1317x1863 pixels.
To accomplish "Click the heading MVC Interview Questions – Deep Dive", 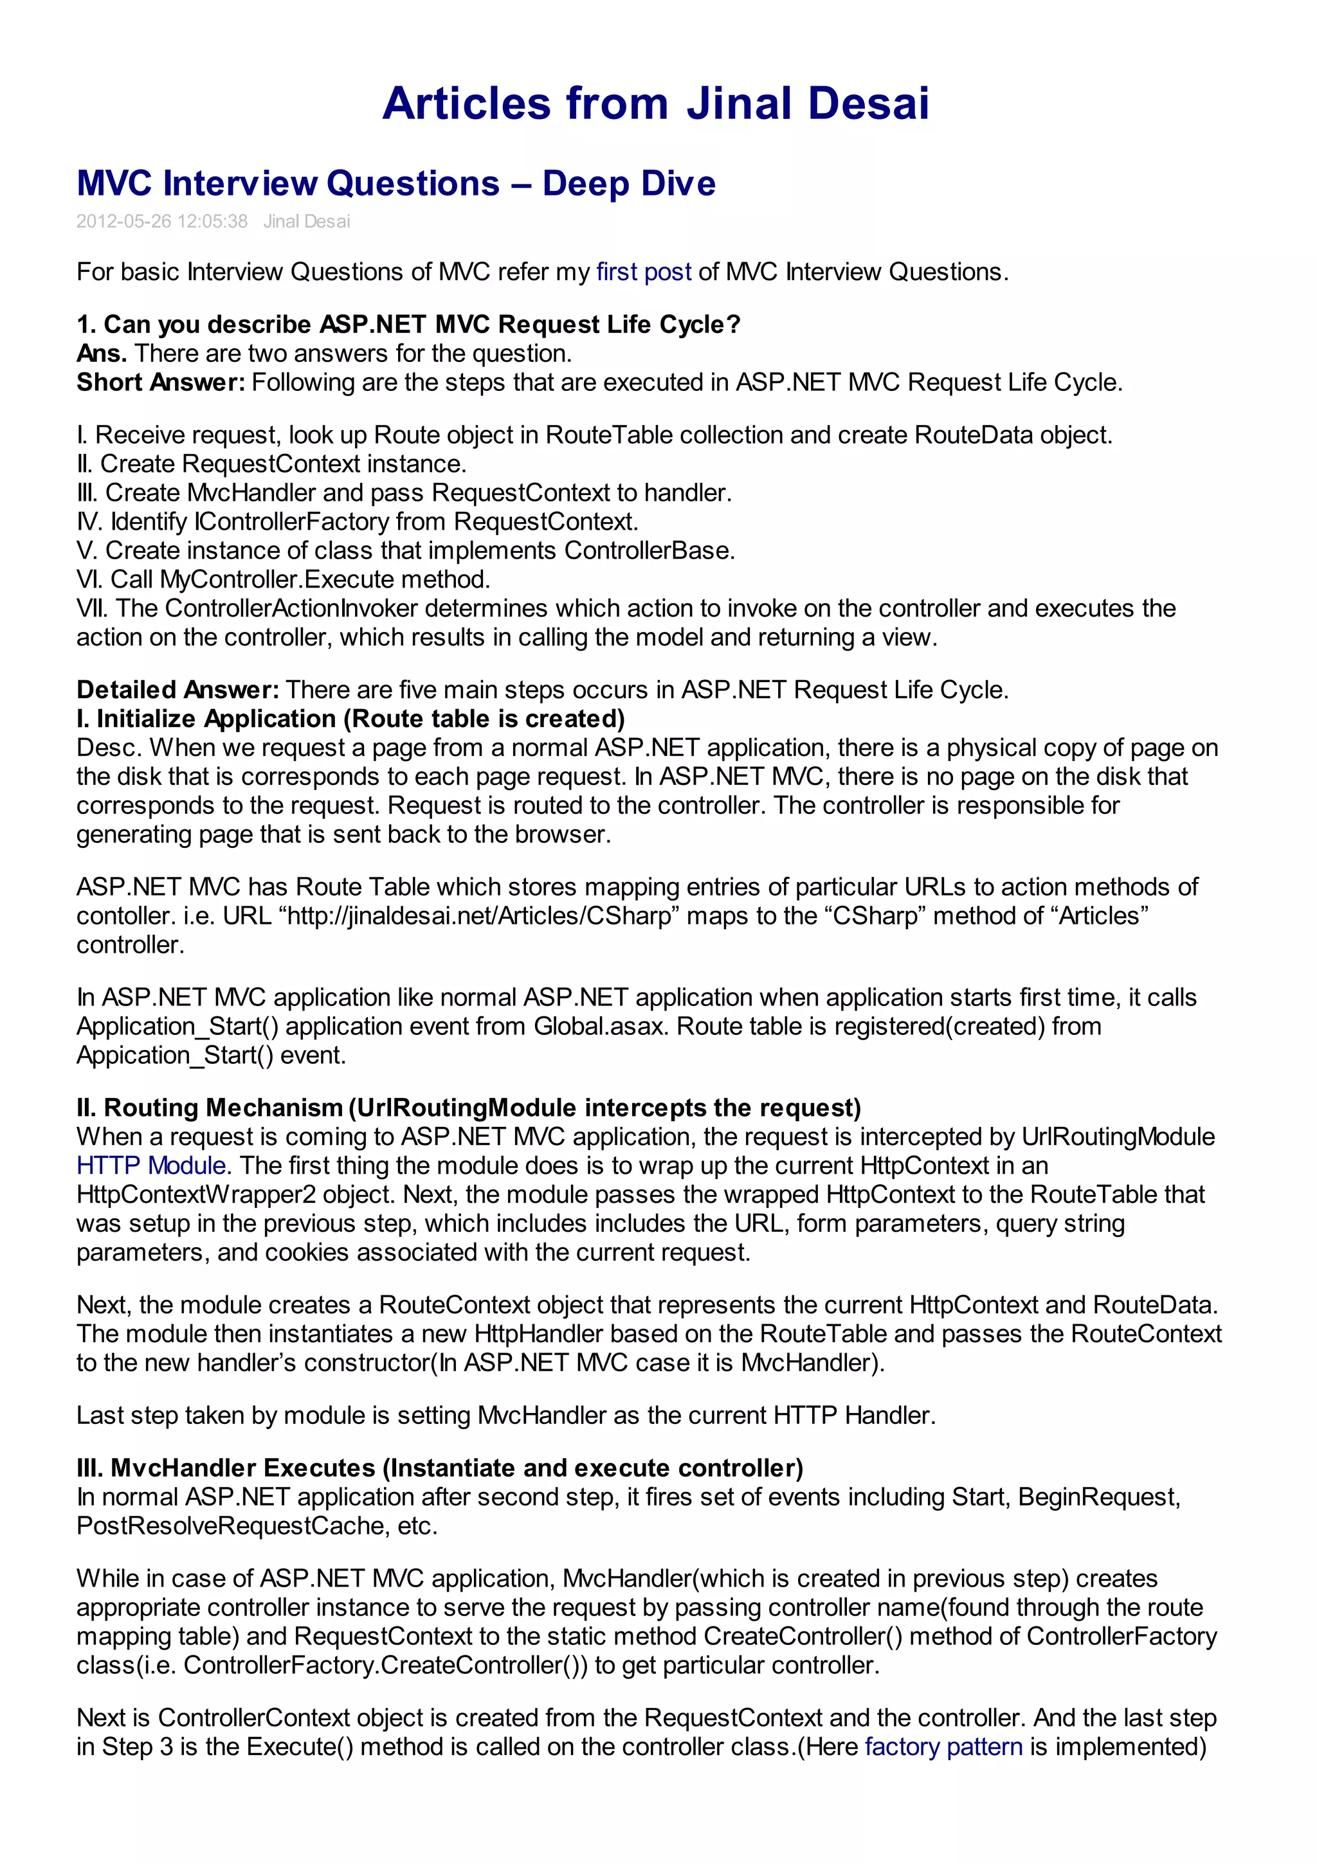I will pos(396,183).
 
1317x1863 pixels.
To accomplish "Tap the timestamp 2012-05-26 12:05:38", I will pos(161,222).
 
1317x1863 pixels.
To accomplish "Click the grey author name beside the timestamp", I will pos(306,222).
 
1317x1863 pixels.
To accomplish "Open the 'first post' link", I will pos(644,272).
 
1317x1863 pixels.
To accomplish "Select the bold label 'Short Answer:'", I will pos(160,382).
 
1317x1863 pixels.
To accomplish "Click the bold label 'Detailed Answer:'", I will pos(177,690).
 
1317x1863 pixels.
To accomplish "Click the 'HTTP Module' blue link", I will pos(151,1166).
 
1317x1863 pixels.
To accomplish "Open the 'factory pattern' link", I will pos(943,1746).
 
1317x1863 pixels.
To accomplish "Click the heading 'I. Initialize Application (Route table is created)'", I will pos(350,719).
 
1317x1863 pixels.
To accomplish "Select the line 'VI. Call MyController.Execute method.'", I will pos(283,579).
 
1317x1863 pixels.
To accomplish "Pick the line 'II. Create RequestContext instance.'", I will pos(271,464).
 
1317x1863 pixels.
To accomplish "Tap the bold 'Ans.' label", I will pos(102,354).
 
